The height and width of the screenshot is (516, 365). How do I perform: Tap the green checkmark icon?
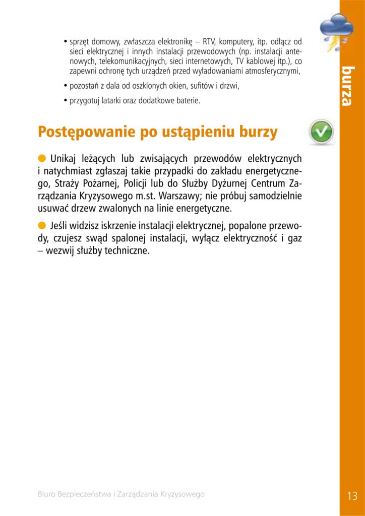coord(321,132)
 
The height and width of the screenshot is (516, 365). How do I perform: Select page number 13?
coord(352,495)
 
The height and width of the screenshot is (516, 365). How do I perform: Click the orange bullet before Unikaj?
coord(42,157)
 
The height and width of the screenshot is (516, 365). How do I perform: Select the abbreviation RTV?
coord(209,41)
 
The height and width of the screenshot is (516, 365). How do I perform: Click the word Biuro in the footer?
coord(48,494)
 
